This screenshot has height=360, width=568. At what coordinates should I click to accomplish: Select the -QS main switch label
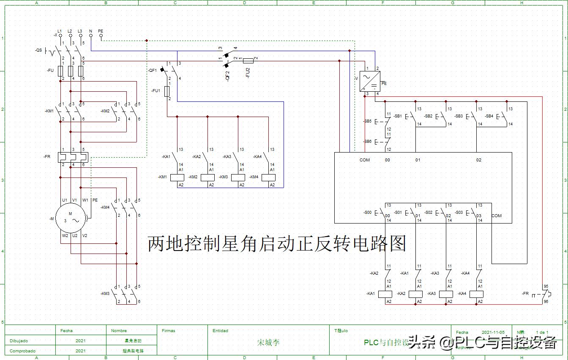38,50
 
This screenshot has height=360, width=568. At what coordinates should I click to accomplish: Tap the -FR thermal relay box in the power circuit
71,156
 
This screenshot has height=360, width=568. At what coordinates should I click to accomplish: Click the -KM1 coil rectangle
177,177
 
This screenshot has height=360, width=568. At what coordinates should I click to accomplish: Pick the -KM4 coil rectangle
268,177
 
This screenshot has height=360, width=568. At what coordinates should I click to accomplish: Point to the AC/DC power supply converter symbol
370,81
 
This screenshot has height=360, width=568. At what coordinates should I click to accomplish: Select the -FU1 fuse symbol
167,91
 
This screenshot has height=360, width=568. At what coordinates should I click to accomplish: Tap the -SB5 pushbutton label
367,121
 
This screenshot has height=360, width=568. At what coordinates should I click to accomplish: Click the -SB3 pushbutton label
459,116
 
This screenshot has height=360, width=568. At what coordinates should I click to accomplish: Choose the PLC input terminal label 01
418,160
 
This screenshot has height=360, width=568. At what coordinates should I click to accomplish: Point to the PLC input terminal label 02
478,160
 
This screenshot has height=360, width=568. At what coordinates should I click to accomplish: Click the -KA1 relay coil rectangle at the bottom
385,294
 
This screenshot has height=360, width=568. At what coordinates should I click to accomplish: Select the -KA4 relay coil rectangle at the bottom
476,294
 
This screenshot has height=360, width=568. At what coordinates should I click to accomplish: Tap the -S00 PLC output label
367,213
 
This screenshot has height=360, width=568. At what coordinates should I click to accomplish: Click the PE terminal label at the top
101,31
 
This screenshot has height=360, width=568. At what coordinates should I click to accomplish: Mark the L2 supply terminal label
70,31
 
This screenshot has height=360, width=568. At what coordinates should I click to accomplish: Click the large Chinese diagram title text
277,244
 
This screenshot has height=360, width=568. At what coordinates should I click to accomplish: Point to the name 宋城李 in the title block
268,343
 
